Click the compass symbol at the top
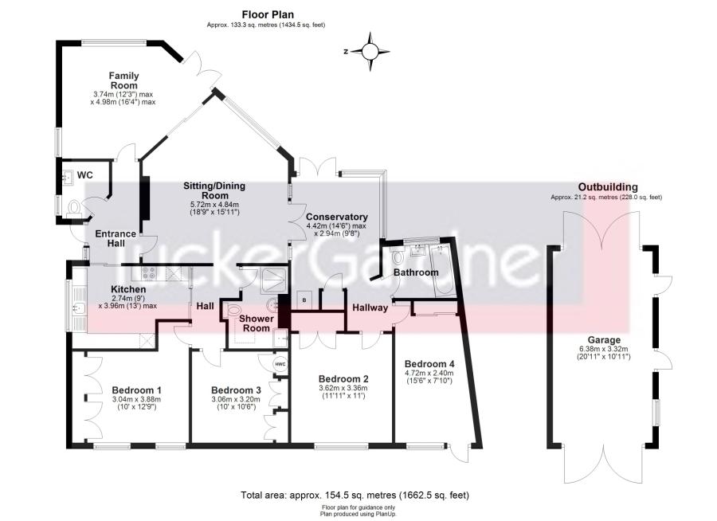click(x=370, y=51)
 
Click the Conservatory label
click(x=337, y=217)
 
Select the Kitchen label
click(x=127, y=289)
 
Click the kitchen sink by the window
click(x=76, y=306)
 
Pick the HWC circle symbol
click(x=280, y=364)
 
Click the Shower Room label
click(x=257, y=323)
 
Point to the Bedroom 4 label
click(x=429, y=358)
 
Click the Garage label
click(x=602, y=339)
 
